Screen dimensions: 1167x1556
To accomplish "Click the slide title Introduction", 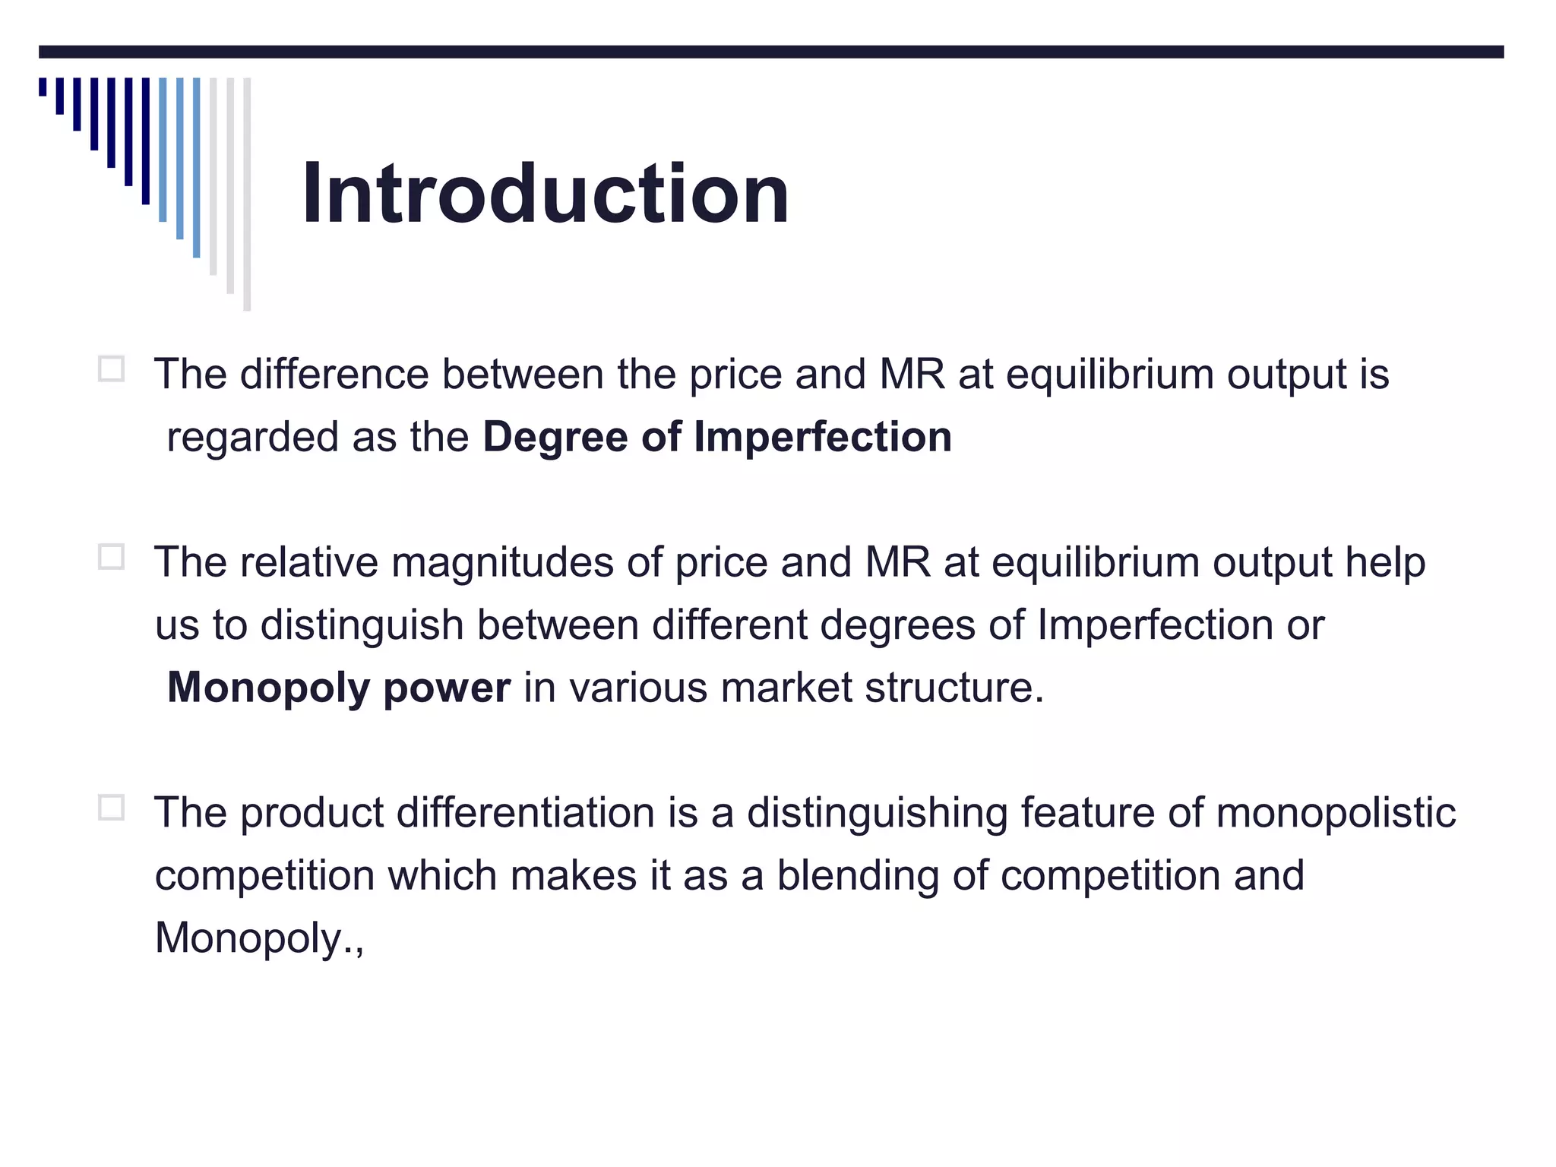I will point(546,194).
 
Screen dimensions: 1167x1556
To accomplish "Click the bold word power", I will point(447,688).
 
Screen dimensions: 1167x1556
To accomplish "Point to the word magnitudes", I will point(502,562).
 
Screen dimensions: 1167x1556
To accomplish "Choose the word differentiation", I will point(526,812).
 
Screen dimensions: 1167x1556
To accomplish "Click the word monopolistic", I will point(1336,812).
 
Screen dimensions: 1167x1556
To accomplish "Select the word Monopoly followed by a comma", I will point(250,938).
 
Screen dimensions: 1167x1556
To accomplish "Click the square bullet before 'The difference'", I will point(112,370).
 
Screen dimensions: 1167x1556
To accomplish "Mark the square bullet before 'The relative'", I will point(112,558).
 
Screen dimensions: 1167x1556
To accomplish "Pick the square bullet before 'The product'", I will point(112,808).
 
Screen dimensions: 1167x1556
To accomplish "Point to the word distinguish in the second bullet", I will point(362,626).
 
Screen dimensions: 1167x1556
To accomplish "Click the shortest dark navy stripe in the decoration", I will point(43,87).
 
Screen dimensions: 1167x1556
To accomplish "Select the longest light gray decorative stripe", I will point(247,194).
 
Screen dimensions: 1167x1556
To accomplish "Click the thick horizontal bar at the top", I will point(771,52).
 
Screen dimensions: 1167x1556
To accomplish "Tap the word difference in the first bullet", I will point(334,375).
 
